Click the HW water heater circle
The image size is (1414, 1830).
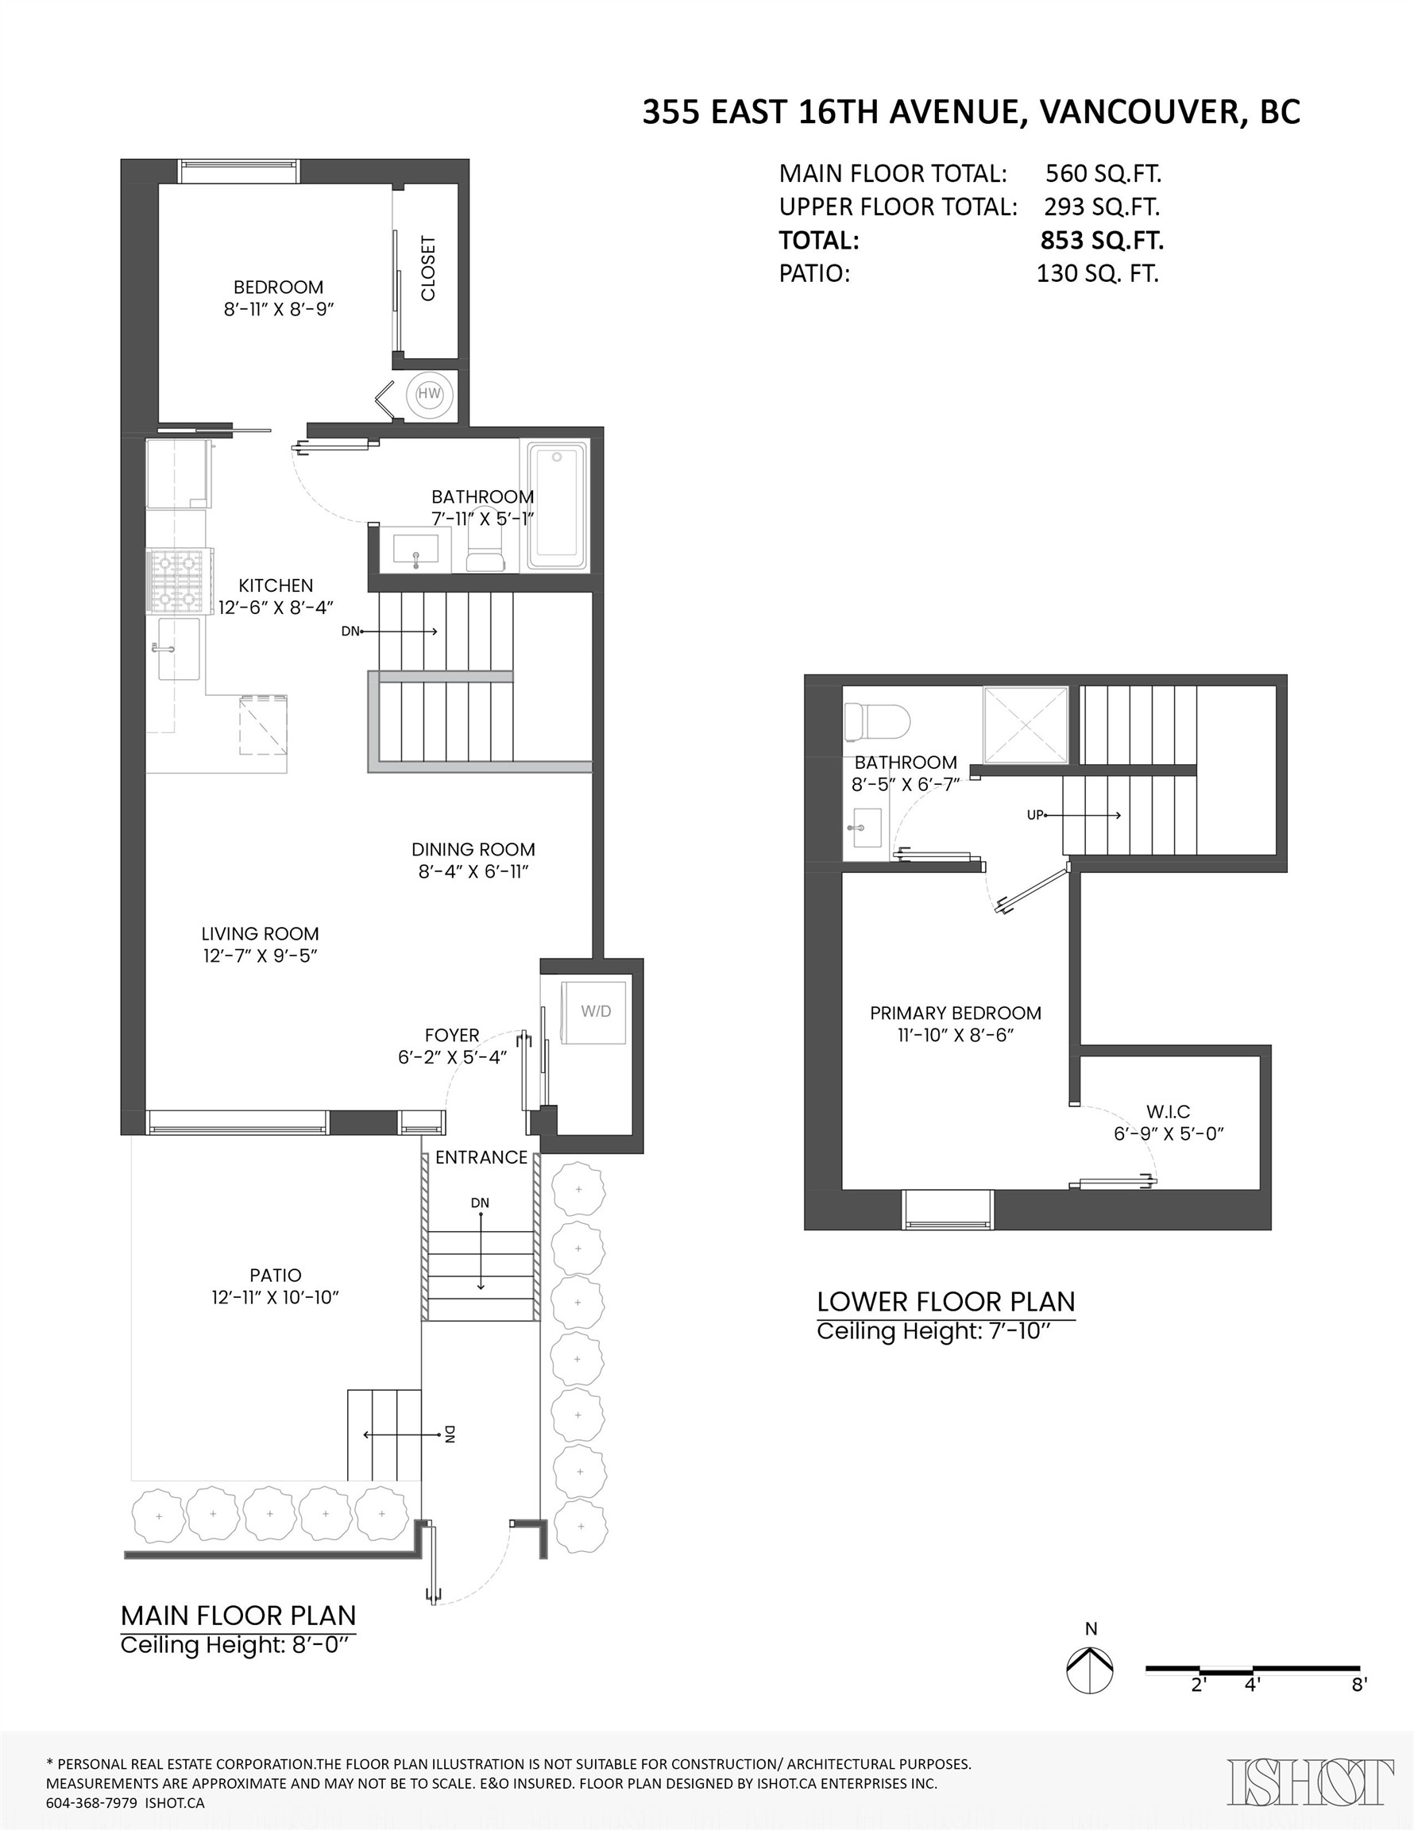[x=429, y=394]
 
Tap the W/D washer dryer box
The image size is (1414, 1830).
[x=595, y=1011]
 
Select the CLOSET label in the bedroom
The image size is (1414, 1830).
[x=428, y=268]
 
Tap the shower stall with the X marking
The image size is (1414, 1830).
[x=1025, y=725]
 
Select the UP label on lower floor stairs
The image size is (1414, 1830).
[x=1035, y=814]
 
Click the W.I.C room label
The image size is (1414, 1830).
[x=1169, y=1111]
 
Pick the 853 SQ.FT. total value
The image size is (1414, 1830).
[x=1101, y=241]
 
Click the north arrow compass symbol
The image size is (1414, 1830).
[x=1090, y=1669]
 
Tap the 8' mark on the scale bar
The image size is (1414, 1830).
[x=1358, y=1685]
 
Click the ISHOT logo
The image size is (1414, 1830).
[x=1311, y=1782]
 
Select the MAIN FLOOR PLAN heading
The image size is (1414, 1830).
[x=238, y=1615]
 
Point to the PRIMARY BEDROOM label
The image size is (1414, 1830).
[x=956, y=1012]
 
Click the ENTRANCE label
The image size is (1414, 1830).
[x=481, y=1157]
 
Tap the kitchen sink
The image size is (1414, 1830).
[x=178, y=649]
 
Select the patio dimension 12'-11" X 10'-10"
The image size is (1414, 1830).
[x=275, y=1297]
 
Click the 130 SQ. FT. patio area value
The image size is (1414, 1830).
[x=1097, y=274]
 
